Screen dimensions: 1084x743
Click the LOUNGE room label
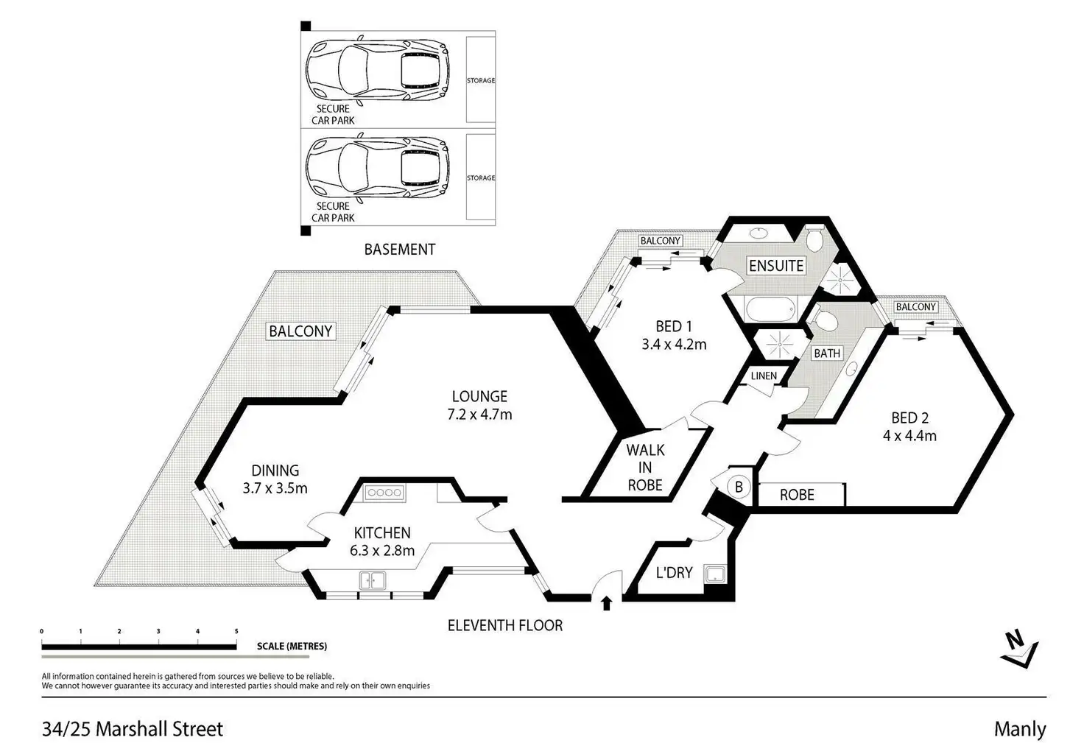tap(479, 396)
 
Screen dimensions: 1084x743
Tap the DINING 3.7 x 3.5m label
tap(275, 478)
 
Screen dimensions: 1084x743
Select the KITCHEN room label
tap(381, 532)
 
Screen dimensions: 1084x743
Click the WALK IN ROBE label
tap(645, 467)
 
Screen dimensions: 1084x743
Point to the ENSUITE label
tap(776, 265)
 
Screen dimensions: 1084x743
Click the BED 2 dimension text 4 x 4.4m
tap(909, 435)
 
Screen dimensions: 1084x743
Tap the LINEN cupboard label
tap(764, 376)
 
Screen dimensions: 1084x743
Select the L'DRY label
tap(674, 572)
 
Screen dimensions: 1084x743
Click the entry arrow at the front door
tap(606, 604)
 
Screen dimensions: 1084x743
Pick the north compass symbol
tap(1019, 648)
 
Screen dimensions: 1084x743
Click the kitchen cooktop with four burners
tap(384, 493)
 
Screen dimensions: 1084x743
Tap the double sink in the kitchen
tap(373, 581)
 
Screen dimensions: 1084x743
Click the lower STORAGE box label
tap(481, 178)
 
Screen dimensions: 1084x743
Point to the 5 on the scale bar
tap(236, 631)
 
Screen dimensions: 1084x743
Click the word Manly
tap(1019, 729)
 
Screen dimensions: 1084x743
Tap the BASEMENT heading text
tap(399, 250)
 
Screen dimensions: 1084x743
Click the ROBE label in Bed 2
tap(797, 494)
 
